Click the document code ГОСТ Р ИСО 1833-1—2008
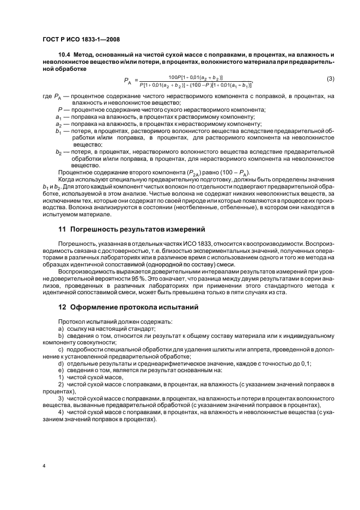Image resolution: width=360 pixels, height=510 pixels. [x=81, y=40]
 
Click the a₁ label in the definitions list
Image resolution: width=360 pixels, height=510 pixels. [x=58, y=117]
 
